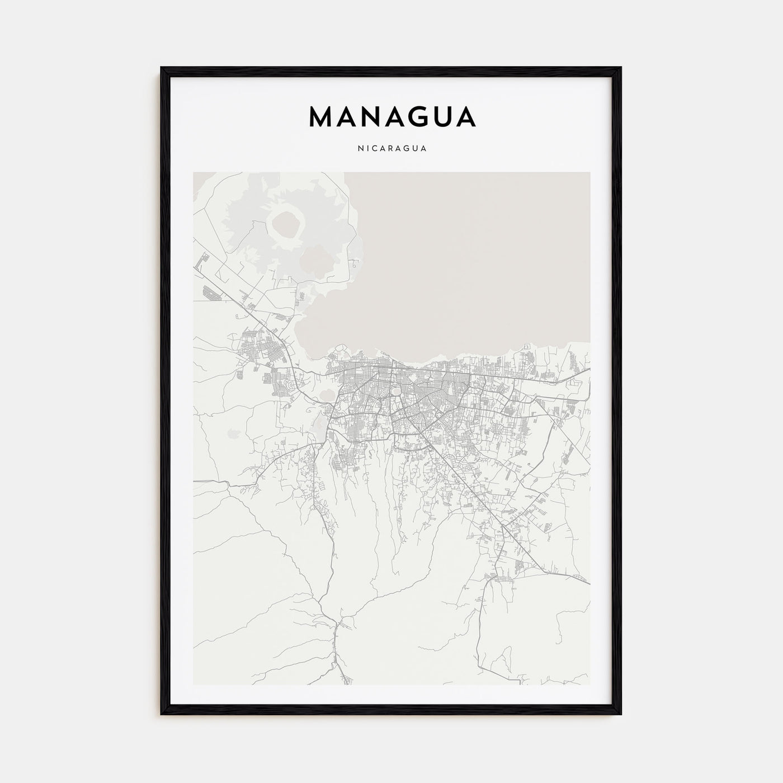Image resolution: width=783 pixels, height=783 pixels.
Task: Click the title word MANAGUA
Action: [x=392, y=117]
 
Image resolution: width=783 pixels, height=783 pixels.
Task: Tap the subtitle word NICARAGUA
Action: [x=392, y=149]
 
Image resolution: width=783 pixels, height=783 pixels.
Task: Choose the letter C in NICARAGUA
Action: [x=373, y=149]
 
